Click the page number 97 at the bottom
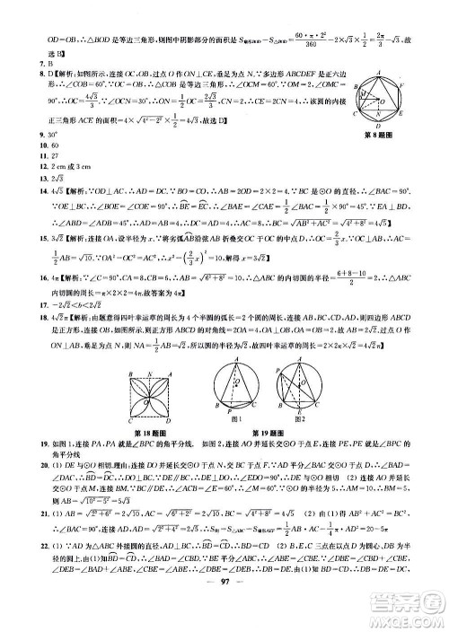224,619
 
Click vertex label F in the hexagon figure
401,84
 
